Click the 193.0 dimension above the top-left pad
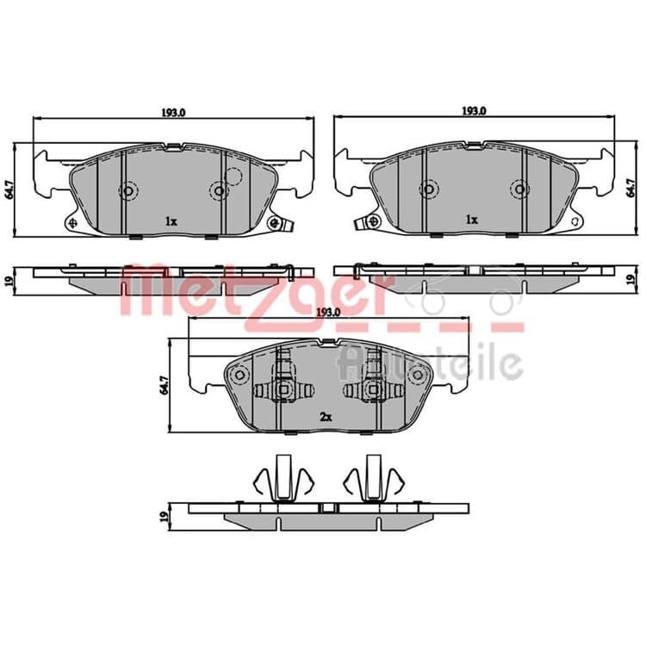tap(173, 113)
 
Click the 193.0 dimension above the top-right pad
tap(475, 111)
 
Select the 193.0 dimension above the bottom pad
tap(328, 313)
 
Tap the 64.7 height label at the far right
tap(630, 188)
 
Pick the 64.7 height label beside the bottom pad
tap(165, 385)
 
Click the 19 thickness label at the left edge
tap(10, 281)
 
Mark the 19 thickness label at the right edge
tap(630, 280)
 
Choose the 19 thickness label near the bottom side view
tap(165, 515)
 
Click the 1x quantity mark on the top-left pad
tap(171, 221)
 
